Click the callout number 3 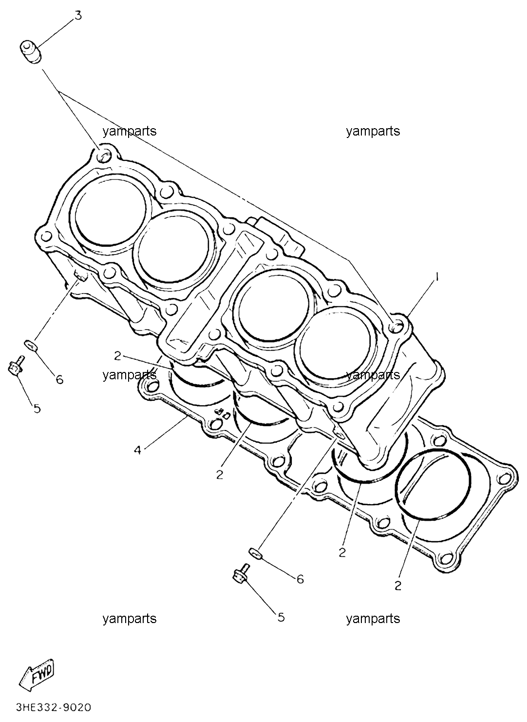[78, 16]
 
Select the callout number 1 [437, 277]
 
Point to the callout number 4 [137, 450]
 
